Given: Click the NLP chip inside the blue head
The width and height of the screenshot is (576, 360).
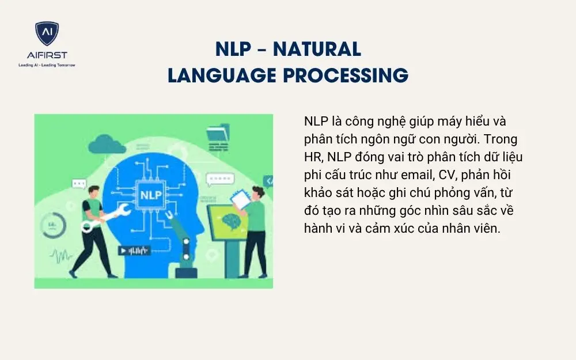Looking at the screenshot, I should point(149,194).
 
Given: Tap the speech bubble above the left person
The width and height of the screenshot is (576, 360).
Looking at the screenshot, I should point(79,184).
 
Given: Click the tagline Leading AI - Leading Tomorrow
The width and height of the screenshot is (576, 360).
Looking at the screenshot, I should point(47,65).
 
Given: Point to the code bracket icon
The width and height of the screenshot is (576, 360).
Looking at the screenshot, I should point(267,181).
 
